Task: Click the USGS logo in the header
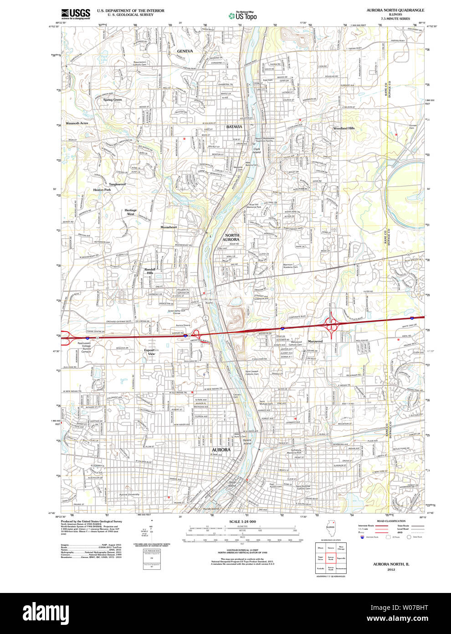76,13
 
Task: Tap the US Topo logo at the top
243,16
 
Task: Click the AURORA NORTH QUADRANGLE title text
395,10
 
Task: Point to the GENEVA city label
185,51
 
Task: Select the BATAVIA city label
234,126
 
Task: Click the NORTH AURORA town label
231,237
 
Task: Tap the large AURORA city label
221,450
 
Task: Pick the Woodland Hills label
343,129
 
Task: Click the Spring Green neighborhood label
112,100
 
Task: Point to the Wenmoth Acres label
77,123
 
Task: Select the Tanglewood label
117,184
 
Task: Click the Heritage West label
131,212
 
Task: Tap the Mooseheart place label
169,227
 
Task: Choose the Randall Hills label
150,271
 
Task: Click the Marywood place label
315,341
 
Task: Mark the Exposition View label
151,352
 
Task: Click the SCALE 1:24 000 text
242,521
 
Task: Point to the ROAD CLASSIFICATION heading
391,521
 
